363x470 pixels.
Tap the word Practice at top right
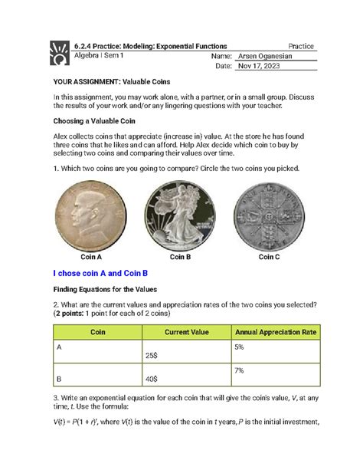(x=300, y=47)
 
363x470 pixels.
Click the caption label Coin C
(x=269, y=257)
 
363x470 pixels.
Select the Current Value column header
(x=186, y=331)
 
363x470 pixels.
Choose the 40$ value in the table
(x=152, y=380)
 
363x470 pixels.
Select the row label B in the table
(x=60, y=377)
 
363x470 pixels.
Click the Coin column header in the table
(x=98, y=331)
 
